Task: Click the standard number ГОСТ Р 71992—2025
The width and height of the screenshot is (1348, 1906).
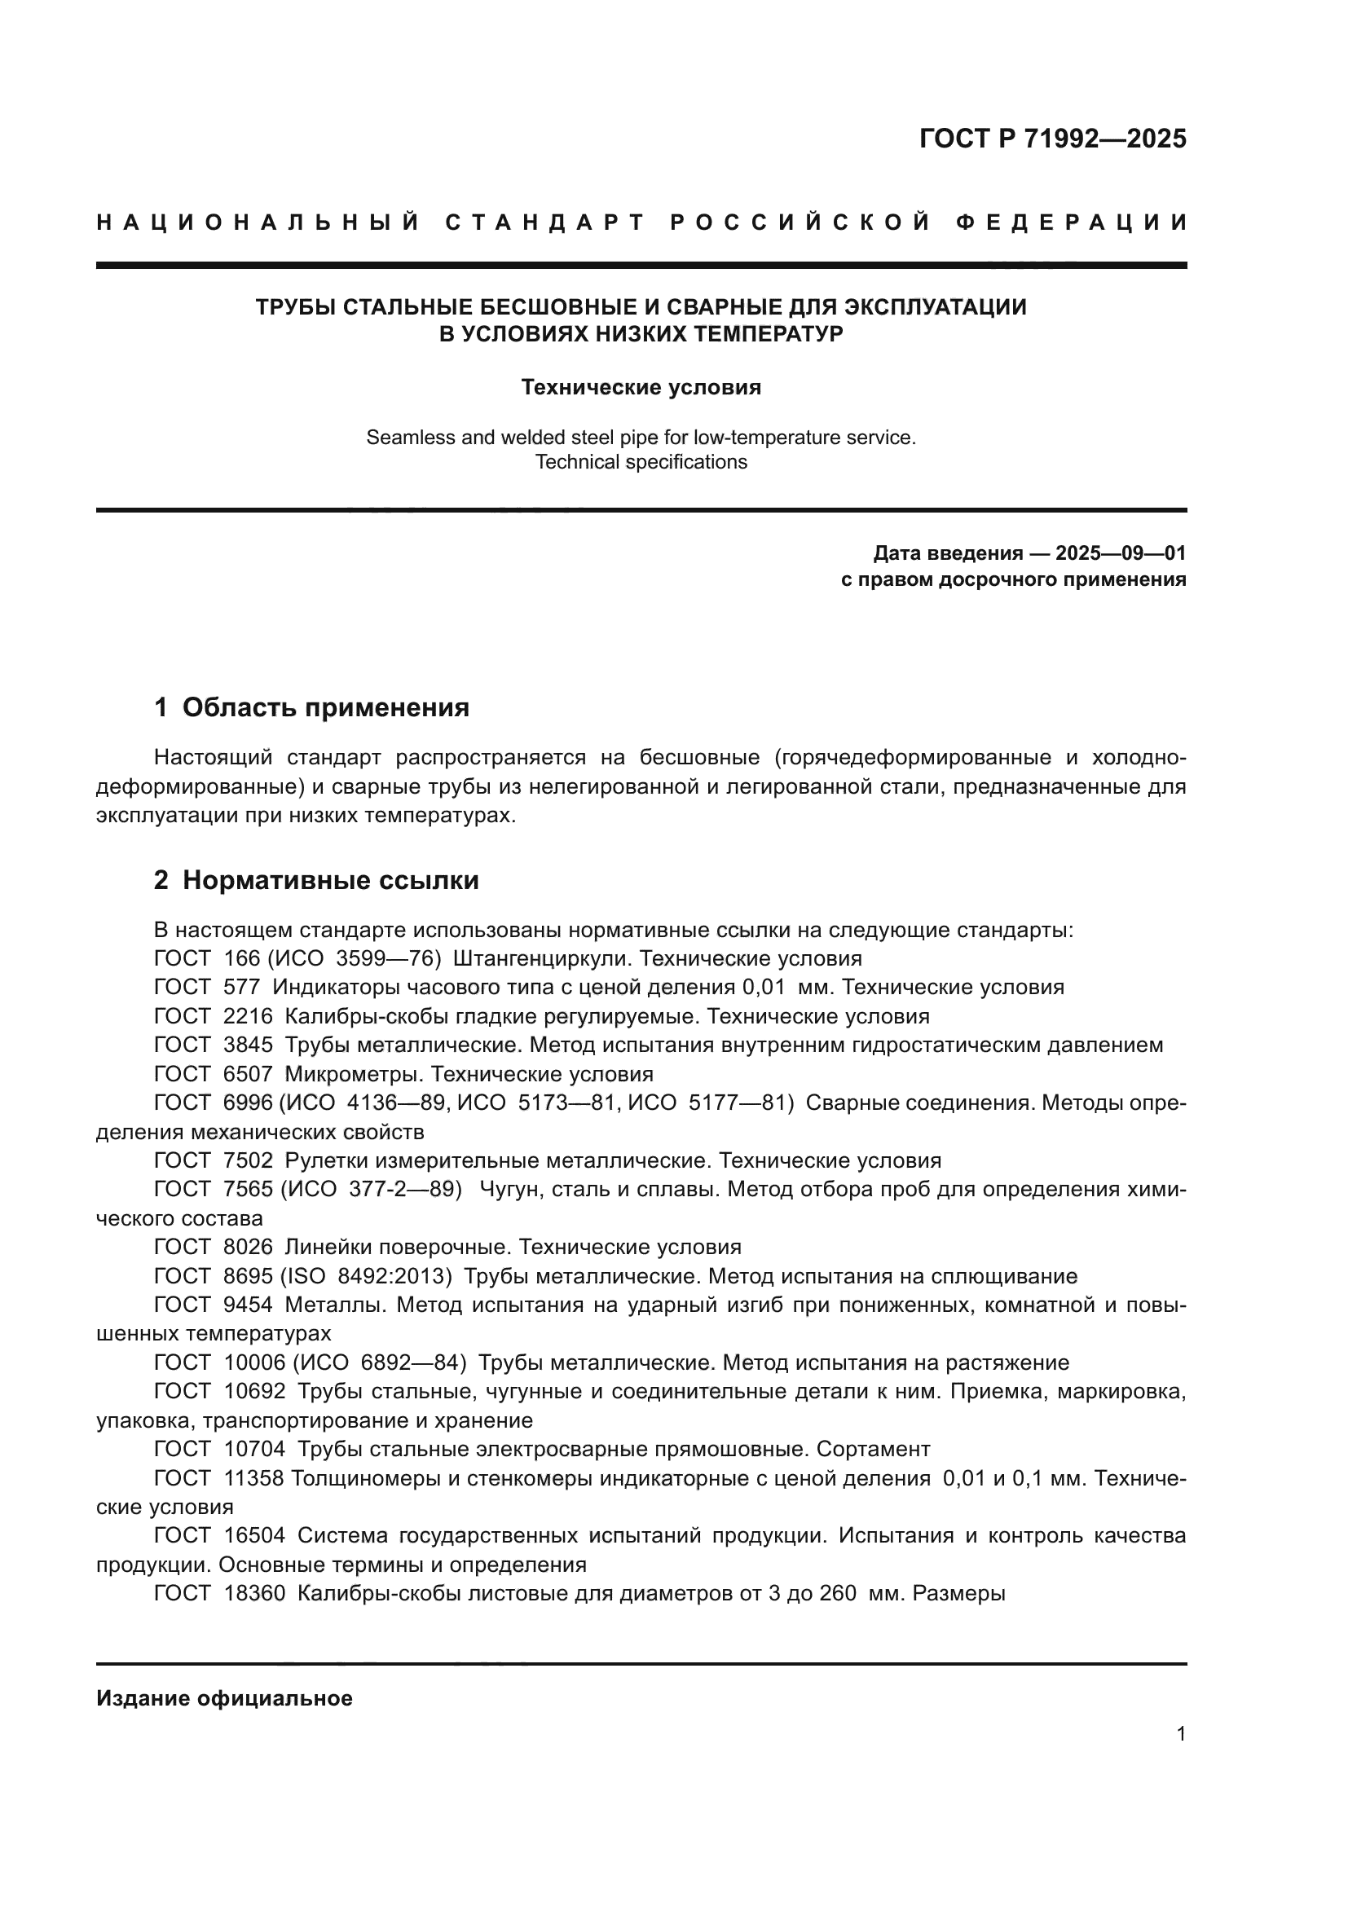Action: (x=1051, y=139)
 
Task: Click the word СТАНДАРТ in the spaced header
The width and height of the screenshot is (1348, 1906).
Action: (x=544, y=222)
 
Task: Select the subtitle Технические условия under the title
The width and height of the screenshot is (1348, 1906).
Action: (x=640, y=388)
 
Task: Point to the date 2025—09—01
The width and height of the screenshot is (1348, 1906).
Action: (x=1121, y=553)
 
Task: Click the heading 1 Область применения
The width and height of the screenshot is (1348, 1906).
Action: (x=311, y=707)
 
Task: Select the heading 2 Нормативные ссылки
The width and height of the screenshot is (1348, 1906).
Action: (x=316, y=881)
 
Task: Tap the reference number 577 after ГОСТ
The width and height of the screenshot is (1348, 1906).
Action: (x=241, y=988)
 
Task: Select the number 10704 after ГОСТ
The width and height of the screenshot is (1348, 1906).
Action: (x=254, y=1450)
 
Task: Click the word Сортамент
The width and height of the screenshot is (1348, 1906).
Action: (x=873, y=1450)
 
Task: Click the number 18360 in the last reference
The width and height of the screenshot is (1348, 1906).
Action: (x=254, y=1594)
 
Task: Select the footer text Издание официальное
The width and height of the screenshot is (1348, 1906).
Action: (x=224, y=1698)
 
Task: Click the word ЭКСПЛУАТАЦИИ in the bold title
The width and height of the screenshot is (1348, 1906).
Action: (x=935, y=307)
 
